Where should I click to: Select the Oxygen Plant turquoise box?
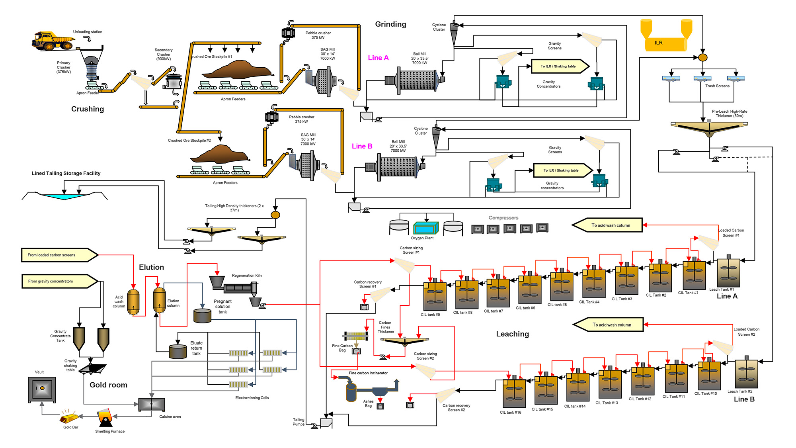[x=425, y=228]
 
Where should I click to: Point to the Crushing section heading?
[x=88, y=109]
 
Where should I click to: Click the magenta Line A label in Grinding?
[x=378, y=58]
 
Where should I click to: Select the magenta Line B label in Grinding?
[x=362, y=146]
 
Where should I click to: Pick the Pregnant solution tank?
[x=202, y=315]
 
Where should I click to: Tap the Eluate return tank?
[x=178, y=352]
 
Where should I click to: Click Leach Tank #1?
[x=728, y=273]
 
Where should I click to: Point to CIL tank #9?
[x=435, y=297]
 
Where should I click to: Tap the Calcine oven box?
[x=151, y=404]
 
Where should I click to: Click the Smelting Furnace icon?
[x=105, y=418]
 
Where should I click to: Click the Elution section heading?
[x=151, y=267]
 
